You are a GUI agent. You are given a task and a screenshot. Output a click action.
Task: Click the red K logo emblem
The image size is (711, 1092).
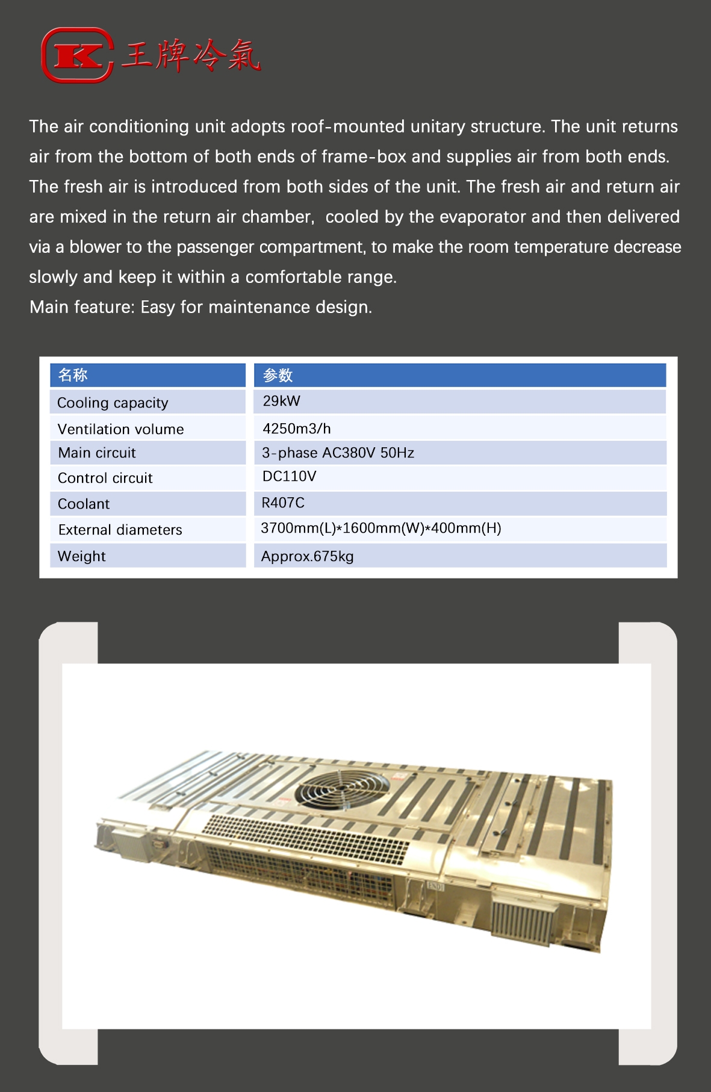77,55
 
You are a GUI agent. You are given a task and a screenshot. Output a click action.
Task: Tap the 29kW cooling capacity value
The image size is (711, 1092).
281,402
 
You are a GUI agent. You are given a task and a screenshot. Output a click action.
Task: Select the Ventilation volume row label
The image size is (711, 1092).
120,429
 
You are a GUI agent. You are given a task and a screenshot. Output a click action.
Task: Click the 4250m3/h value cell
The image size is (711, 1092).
296,429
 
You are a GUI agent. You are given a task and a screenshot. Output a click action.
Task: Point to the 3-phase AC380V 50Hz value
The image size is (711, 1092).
338,453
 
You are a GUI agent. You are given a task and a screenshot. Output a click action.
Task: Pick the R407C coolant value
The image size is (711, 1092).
283,503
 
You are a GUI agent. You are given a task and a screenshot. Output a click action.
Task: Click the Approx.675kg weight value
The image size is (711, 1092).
307,556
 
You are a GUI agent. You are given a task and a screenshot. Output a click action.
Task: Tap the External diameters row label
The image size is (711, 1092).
120,530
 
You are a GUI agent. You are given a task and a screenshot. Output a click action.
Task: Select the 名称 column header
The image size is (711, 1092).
73,375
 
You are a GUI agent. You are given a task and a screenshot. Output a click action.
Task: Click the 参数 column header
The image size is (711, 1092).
278,375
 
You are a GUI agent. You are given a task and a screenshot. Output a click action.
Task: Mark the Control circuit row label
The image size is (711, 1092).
105,478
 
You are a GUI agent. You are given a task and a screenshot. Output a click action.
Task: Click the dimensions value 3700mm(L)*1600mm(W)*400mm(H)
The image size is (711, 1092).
380,529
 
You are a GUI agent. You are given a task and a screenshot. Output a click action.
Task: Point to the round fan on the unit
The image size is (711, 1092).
343,787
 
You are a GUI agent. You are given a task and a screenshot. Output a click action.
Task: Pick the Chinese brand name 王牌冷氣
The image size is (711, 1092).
190,56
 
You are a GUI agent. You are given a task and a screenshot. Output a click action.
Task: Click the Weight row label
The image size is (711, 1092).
81,556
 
